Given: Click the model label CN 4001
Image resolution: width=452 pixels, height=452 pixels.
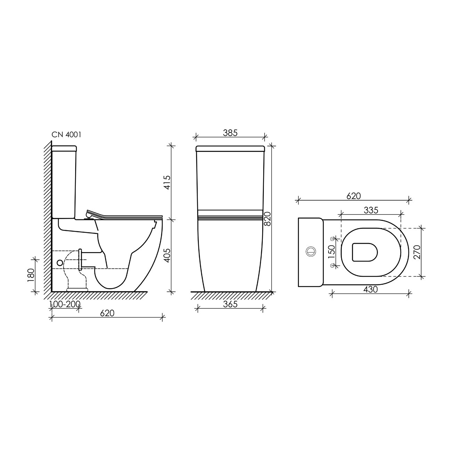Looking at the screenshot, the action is click(66, 135).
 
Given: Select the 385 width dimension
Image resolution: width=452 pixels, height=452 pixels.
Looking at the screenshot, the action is click(230, 133).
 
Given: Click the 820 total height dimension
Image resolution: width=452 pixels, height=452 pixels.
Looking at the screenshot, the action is click(267, 219).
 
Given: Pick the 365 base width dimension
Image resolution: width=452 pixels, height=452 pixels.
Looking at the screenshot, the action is click(230, 304).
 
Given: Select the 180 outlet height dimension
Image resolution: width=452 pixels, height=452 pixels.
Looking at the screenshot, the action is click(31, 275).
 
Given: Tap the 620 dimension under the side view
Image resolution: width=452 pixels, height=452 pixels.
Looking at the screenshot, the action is click(107, 313).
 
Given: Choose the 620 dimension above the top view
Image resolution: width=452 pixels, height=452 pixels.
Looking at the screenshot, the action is click(354, 196).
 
